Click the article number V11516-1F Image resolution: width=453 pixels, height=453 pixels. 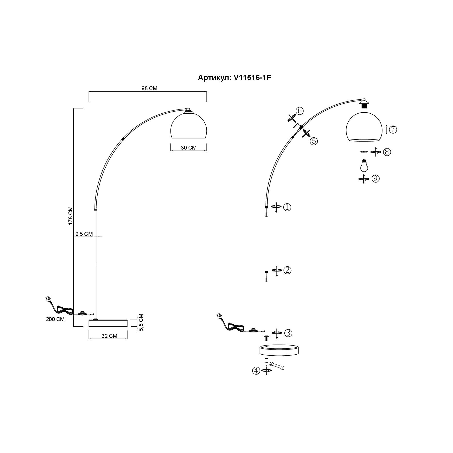(x=252, y=77)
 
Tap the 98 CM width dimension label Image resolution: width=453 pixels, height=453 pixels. (x=149, y=88)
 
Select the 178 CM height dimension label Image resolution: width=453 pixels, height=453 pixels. (x=71, y=216)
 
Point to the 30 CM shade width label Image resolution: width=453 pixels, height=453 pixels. (x=189, y=148)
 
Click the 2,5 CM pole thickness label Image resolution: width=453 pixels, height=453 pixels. (x=84, y=234)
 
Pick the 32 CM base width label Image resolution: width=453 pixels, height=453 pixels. (x=109, y=336)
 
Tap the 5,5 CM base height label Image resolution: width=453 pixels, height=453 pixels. (x=141, y=322)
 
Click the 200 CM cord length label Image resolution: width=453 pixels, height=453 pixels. (x=55, y=319)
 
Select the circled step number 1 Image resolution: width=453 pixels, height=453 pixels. (x=287, y=207)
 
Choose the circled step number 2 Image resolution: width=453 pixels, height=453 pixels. (x=287, y=270)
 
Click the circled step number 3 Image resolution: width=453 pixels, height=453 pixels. (x=288, y=333)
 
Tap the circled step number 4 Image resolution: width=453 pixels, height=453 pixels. (x=256, y=371)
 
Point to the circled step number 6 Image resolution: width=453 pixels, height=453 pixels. (x=300, y=111)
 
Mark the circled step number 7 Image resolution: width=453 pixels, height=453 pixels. (x=393, y=129)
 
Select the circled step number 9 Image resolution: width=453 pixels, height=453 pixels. (x=376, y=178)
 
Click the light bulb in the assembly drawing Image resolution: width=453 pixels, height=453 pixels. (x=364, y=165)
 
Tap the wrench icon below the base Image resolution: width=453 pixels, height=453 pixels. (x=277, y=366)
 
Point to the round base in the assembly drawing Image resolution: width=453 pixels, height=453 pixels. (x=280, y=350)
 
